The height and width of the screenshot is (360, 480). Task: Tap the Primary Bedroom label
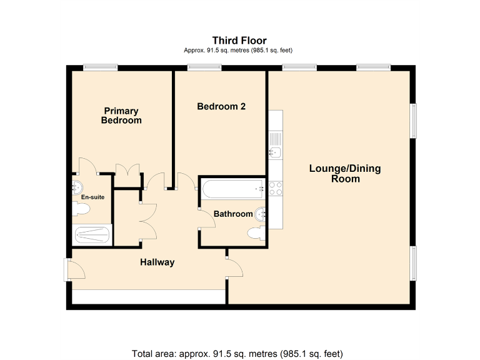121,116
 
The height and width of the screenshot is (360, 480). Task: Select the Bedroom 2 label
221,106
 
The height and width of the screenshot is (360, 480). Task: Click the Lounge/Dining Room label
345,173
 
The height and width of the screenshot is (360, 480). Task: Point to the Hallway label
157,262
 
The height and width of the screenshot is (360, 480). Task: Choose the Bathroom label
233,214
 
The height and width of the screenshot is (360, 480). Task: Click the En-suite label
92,197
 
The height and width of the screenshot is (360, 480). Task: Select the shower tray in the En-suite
92,236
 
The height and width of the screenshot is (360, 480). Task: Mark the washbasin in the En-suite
77,186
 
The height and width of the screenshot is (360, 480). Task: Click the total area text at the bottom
237,354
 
